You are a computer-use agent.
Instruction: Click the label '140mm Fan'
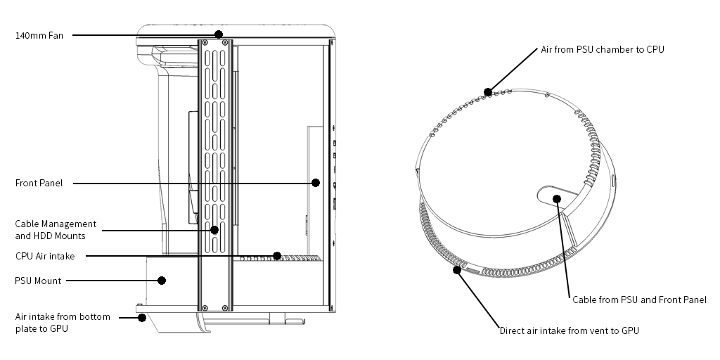(39, 35)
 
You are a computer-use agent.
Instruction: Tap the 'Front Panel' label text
(39, 184)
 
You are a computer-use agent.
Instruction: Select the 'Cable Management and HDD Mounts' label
(56, 230)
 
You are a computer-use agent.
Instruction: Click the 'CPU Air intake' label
(44, 256)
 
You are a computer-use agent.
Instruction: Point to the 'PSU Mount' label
(38, 281)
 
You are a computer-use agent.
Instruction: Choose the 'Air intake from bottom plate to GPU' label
(63, 323)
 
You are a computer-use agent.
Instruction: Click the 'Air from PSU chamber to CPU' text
(603, 50)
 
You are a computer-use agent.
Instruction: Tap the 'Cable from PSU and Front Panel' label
(639, 300)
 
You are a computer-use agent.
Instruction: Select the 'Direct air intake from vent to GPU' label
(569, 330)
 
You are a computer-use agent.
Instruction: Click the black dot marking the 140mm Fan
(219, 34)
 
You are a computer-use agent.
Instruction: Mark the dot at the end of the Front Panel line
(316, 183)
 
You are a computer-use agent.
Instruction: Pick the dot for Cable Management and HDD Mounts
(214, 230)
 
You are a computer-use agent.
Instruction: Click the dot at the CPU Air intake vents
(277, 256)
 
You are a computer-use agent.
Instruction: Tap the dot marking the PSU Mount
(162, 281)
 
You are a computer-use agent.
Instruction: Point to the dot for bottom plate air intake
(142, 317)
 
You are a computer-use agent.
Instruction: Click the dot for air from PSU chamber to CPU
(488, 92)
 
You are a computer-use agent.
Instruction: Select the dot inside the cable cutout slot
(557, 199)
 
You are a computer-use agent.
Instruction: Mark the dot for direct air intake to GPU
(457, 270)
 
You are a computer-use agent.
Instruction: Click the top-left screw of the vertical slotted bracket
(205, 42)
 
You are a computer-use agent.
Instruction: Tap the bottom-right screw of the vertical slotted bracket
(225, 308)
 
